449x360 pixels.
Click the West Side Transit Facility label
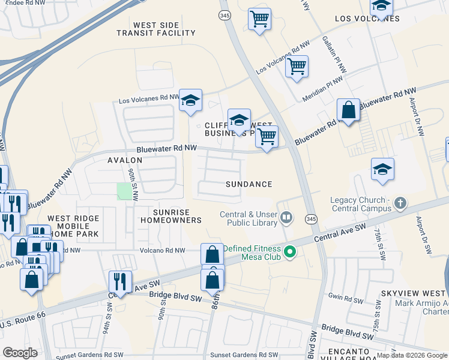(156, 29)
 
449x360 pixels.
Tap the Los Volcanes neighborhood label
(367, 19)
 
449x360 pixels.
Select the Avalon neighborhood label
(125, 160)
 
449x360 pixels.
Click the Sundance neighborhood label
(249, 184)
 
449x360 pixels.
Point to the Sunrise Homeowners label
(170, 216)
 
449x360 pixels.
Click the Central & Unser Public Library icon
(287, 217)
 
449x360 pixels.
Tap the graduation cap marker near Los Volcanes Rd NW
(190, 101)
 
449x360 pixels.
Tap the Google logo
(20, 352)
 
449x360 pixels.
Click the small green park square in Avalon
(124, 191)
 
